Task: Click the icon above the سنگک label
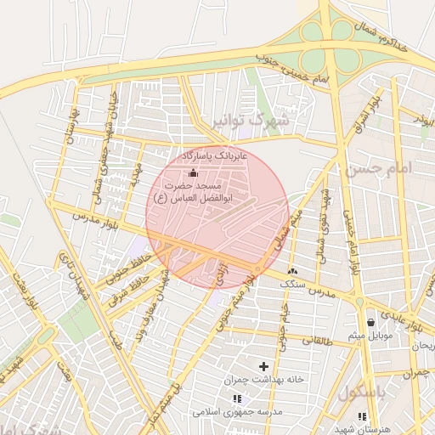(292, 270)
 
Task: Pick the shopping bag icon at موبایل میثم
(370, 323)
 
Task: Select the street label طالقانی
(314, 339)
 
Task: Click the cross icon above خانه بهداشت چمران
(263, 366)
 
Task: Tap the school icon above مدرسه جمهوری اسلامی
(237, 398)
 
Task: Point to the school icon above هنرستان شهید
(363, 416)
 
